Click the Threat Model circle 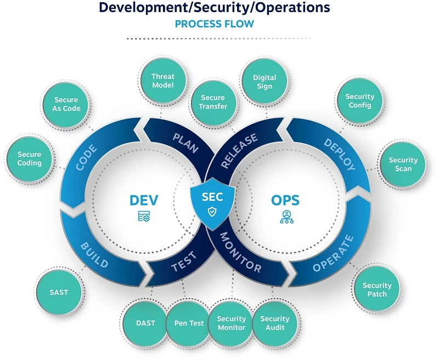[163, 81]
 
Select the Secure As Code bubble [67, 104]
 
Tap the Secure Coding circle [30, 159]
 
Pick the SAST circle [59, 292]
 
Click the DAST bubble [145, 323]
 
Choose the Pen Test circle [189, 323]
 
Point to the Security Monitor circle [232, 323]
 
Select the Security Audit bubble [274, 323]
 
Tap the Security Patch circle [377, 289]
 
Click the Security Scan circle [403, 164]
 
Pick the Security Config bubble [359, 101]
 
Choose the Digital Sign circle [264, 82]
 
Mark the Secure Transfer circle [213, 102]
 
